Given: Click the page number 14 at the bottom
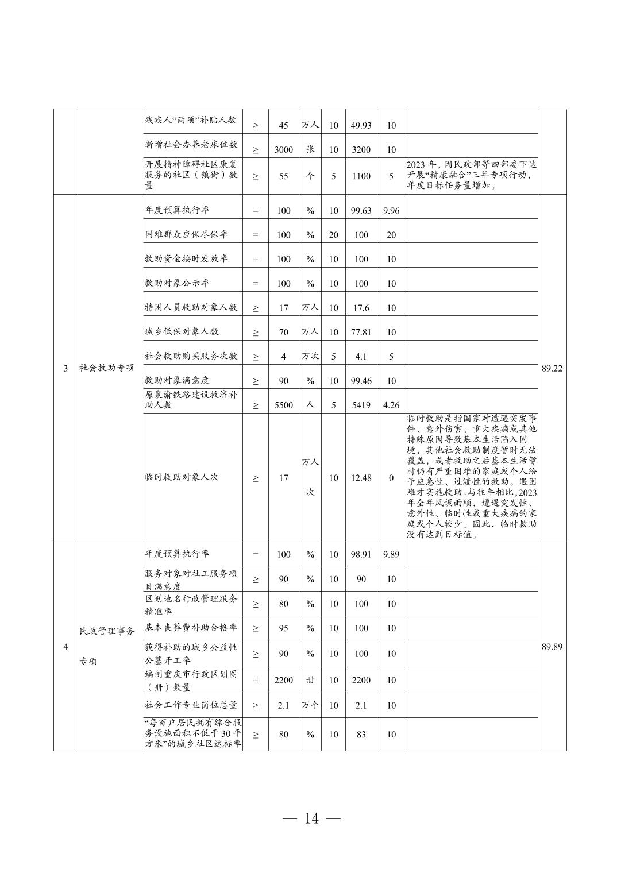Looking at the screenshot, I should point(311,818).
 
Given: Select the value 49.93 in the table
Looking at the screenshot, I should point(361,125).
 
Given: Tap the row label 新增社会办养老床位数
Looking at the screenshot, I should point(191,144).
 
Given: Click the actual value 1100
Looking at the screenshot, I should point(361,176).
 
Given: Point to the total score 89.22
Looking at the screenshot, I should point(552,368).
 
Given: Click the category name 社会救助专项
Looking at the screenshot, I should point(107,368).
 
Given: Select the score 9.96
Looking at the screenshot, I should point(391,211).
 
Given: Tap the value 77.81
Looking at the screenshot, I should point(361,332).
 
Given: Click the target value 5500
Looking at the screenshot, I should point(283,405).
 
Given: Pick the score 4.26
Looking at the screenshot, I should point(391,405).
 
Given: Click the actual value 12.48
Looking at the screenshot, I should point(361,478).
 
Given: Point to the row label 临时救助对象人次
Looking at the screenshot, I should point(182,477).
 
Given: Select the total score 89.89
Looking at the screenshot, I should point(552,647).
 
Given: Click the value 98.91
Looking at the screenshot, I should point(361,555).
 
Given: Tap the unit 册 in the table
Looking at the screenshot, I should point(310,680).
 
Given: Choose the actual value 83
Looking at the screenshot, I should point(361,734).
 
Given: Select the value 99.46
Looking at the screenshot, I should point(361,381).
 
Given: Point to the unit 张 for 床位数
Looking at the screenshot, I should point(310,149).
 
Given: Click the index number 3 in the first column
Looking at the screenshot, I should point(65,368).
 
